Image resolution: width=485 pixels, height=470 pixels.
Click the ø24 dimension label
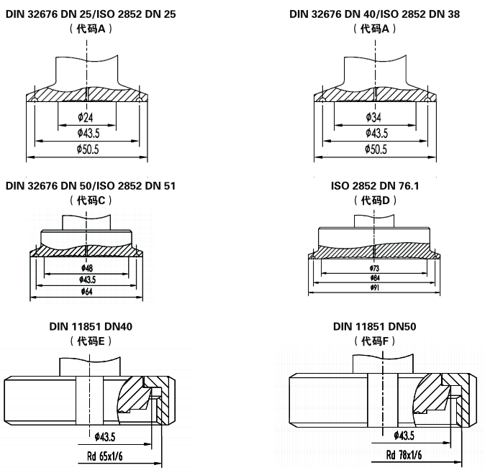coord(86,118)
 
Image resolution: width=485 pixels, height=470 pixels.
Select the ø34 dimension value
coord(375,118)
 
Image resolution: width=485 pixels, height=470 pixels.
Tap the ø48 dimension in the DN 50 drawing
coord(87,268)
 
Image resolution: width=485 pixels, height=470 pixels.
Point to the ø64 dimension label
coord(87,291)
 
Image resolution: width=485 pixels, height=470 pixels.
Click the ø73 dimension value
coord(375,267)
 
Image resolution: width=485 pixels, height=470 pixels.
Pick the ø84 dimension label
coord(375,277)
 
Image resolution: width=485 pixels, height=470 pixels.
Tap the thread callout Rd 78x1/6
coord(404,455)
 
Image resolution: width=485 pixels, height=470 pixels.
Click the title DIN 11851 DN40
coord(91,326)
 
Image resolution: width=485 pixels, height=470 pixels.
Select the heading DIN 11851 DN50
coord(375,326)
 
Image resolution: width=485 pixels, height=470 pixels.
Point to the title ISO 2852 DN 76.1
coord(375,185)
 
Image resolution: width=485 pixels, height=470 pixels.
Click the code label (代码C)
coord(91,201)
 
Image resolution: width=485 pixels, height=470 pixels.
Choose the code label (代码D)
coord(375,201)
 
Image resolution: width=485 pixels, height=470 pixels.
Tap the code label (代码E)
coord(91,341)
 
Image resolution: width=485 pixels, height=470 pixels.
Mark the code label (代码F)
coord(375,341)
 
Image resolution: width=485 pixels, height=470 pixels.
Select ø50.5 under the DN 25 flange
coord(86,149)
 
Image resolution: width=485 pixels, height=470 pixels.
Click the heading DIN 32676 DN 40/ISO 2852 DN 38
coord(375,14)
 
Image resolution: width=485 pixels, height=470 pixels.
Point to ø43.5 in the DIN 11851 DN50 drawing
coord(404,435)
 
